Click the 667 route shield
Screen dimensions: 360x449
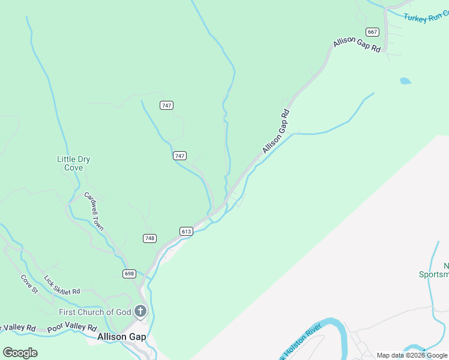373,32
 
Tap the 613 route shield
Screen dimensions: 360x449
185,232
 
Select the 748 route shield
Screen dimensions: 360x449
149,238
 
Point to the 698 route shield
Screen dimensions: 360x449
129,274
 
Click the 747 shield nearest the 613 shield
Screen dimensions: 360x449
179,155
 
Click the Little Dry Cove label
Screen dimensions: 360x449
73,163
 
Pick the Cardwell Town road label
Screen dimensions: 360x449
94,211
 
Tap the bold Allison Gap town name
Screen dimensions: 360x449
121,337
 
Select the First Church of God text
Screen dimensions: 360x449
95,312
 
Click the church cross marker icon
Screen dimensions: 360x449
140,311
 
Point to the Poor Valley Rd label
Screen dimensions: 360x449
72,328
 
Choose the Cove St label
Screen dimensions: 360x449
29,284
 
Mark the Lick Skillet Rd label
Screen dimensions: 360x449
62,286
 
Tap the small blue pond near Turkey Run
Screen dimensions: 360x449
406,80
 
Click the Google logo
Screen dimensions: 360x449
20,352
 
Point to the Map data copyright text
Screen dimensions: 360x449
412,355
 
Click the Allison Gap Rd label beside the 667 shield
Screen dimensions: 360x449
357,44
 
